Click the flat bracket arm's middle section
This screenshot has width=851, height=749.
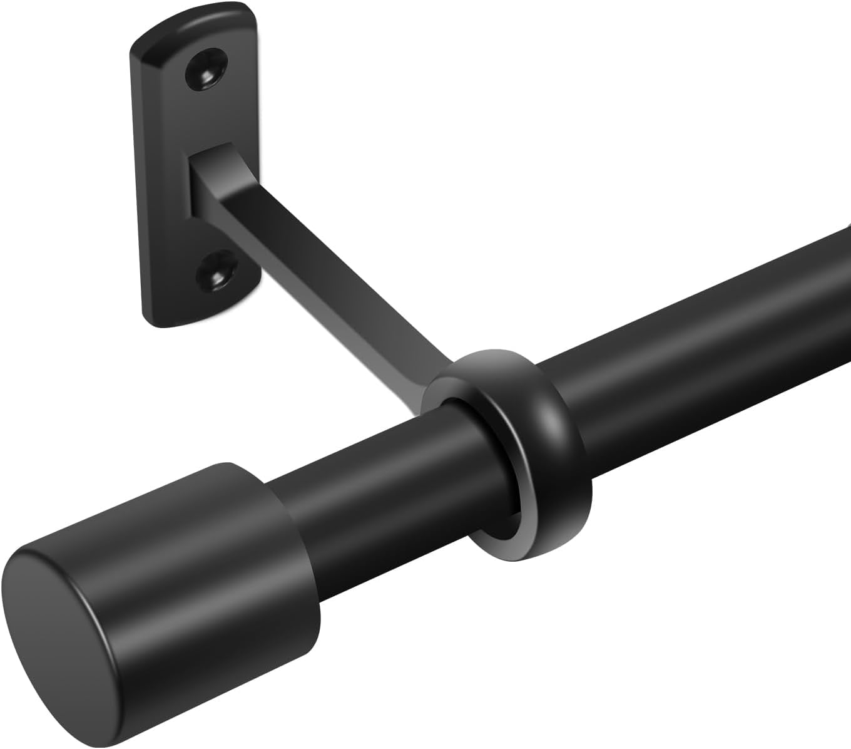tap(325, 276)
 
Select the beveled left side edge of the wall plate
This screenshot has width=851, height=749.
tap(138, 188)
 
